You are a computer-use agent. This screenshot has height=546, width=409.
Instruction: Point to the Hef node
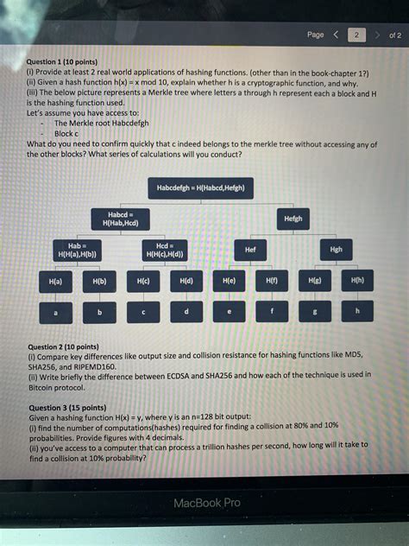point(250,250)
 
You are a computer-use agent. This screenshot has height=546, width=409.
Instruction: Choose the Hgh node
point(336,250)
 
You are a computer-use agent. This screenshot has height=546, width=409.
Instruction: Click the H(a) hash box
point(55,282)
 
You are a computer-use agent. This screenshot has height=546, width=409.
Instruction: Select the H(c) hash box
point(142,282)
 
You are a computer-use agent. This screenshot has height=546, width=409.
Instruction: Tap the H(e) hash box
point(229,282)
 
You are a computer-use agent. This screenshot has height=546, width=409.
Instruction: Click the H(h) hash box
point(357,281)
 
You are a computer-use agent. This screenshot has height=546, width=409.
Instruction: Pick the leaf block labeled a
point(55,312)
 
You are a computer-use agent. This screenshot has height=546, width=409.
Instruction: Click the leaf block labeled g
point(315,311)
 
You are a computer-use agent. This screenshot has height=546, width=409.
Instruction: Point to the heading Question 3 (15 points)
point(67,407)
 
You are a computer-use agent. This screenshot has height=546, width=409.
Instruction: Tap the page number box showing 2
point(356,35)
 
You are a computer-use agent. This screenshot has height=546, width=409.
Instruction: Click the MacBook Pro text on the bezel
point(207,503)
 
